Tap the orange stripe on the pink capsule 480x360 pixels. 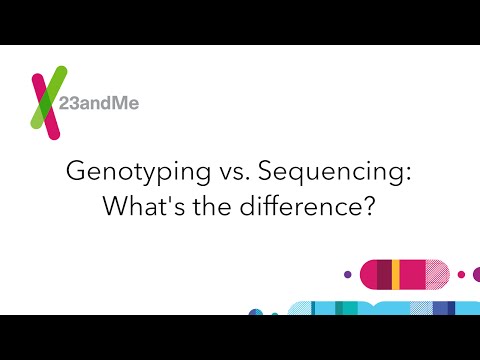tap(397, 271)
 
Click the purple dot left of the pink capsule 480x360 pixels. tap(347, 271)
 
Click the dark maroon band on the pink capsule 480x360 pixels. tap(384, 271)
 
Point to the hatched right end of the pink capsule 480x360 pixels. tap(441, 271)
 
